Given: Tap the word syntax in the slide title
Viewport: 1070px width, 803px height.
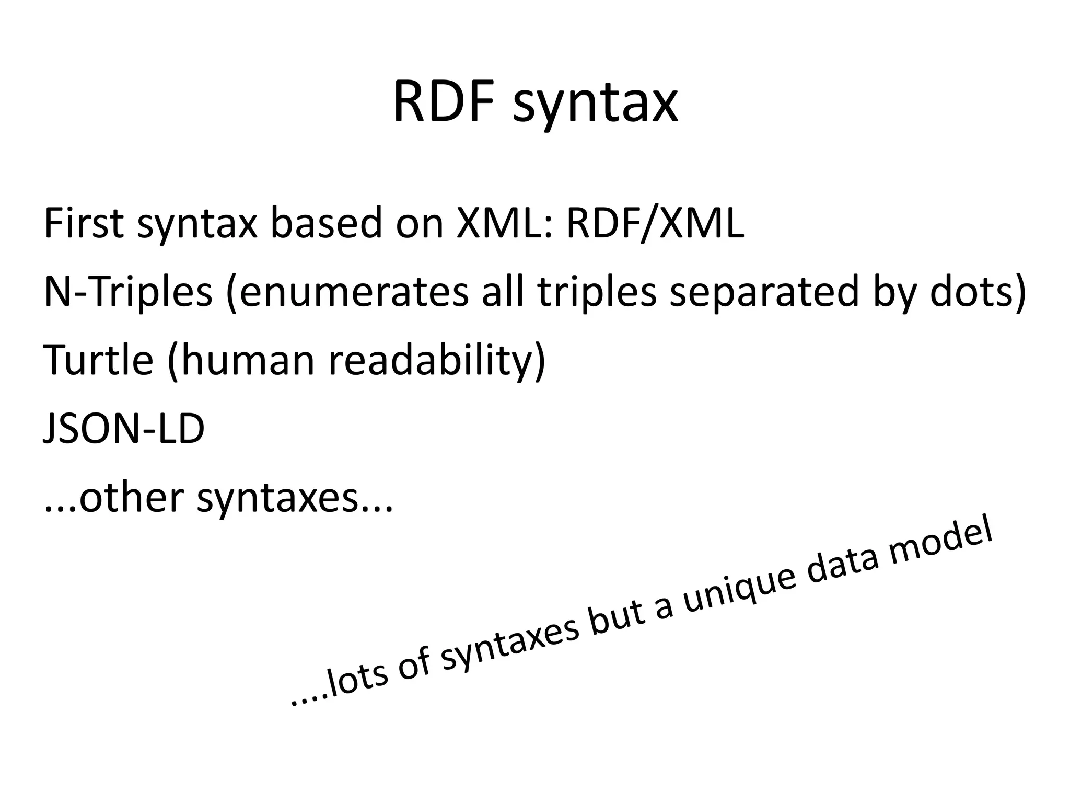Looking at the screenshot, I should pos(595,105).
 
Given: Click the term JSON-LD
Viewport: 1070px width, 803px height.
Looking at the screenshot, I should pos(124,428).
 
